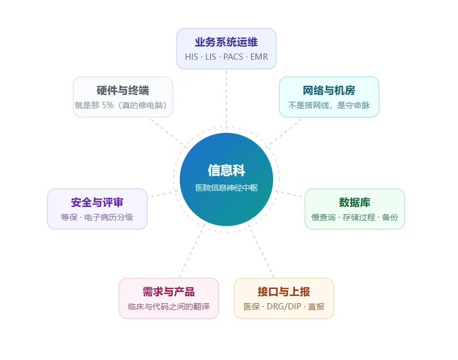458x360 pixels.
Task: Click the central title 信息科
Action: [x=226, y=171]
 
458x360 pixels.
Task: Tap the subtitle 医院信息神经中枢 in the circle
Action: [x=226, y=188]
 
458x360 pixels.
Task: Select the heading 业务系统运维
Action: [x=226, y=42]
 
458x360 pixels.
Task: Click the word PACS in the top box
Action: [x=233, y=57]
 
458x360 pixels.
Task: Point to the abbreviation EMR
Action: [x=259, y=57]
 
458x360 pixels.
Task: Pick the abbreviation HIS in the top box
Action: [x=191, y=57]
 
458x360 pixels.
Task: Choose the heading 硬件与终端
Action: [x=123, y=90]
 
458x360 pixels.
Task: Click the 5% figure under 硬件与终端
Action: [x=108, y=105]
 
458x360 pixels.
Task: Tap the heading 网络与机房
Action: [x=329, y=90]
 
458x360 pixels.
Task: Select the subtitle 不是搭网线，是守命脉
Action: [x=329, y=105]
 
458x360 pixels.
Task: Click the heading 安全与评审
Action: [x=97, y=202]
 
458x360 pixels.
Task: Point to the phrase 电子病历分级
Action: [x=109, y=217]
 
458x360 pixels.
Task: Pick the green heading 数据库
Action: [x=354, y=202]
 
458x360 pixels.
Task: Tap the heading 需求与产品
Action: [x=169, y=292]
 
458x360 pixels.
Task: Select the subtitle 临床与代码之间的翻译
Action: [x=169, y=307]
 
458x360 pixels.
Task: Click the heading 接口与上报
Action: [x=284, y=292]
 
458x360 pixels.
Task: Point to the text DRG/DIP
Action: [x=284, y=307]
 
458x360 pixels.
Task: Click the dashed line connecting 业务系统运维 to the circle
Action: [x=226, y=99]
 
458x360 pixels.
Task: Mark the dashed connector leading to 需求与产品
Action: [x=192, y=251]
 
